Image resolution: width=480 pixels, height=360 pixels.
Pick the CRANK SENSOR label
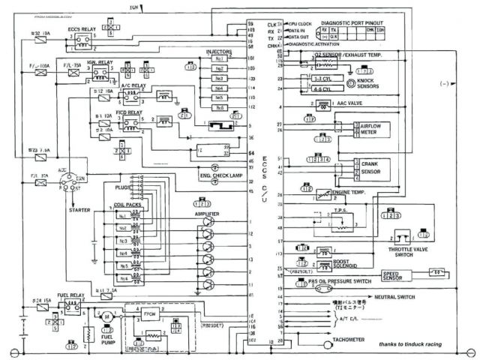[x=370, y=167]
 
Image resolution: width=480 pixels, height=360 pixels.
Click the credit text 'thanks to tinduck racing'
[x=411, y=344]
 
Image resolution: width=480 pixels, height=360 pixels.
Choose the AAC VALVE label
[x=349, y=103]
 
